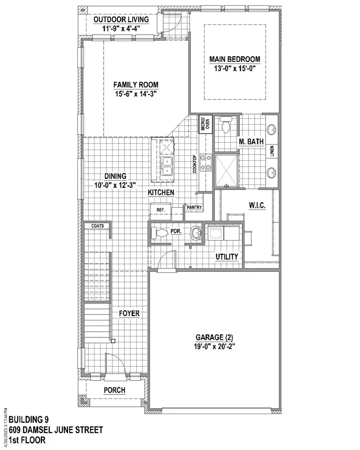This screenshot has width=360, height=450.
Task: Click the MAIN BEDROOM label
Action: (234, 59)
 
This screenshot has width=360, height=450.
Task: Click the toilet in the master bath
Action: (226, 126)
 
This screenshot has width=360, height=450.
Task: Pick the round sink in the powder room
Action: (195, 233)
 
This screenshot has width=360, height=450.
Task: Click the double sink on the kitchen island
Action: (166, 165)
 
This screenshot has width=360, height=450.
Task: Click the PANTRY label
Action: (194, 207)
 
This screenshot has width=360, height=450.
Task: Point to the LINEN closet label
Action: (272, 151)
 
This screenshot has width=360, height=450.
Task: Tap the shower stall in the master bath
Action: (226, 171)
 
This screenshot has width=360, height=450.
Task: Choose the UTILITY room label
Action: (227, 257)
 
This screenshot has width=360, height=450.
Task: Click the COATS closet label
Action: (98, 226)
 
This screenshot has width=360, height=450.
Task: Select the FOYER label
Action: (129, 313)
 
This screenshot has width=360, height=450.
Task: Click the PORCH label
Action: (114, 390)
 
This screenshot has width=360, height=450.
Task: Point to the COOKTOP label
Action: (195, 163)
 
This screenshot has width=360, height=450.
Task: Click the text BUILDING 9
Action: (29, 420)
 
